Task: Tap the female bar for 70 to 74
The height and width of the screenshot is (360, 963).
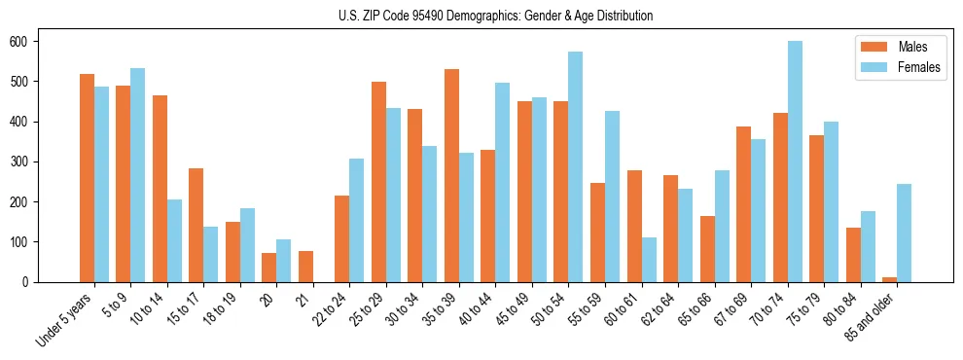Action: click(795, 162)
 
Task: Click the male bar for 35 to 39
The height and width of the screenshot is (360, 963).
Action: click(451, 175)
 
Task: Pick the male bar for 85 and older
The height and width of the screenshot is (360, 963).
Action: click(889, 279)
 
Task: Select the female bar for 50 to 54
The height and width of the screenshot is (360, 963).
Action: click(576, 166)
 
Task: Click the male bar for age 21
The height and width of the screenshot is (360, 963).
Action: click(305, 267)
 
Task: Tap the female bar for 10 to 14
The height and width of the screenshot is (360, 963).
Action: click(174, 240)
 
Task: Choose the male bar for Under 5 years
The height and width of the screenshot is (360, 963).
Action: click(87, 178)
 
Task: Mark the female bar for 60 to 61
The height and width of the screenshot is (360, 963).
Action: click(649, 260)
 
